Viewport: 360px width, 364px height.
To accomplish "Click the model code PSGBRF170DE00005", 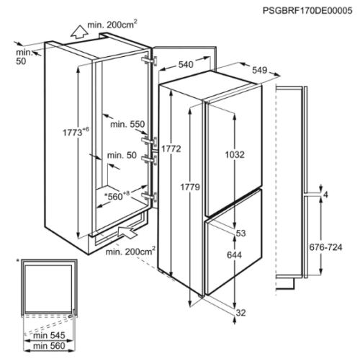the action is coord(307,11).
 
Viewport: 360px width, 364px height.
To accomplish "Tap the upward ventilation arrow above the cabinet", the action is coord(79,32).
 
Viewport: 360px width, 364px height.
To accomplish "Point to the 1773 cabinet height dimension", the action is coord(76,132).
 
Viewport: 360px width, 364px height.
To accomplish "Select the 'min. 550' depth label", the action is coord(127,124).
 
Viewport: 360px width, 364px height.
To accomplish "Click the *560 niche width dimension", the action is coord(117,196).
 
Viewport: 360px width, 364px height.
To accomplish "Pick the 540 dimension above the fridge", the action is coord(186,64).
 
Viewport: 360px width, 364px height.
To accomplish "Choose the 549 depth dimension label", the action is coord(259,70).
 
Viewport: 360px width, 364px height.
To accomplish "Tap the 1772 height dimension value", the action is coord(171,149).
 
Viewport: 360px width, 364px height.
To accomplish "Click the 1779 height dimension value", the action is coord(190,187).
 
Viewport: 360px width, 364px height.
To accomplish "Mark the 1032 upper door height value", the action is coord(235,154).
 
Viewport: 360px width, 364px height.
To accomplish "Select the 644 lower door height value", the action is coord(234,254).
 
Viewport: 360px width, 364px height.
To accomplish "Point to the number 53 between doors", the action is coord(240,233).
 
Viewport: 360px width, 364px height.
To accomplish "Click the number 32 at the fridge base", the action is coord(241,313).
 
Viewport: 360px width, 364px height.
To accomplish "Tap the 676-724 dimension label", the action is coord(325,247).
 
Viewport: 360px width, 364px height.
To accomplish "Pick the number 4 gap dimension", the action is coord(325,195).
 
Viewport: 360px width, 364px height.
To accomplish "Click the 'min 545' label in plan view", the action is coord(49,335).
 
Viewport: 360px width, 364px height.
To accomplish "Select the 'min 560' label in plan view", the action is coord(49,346).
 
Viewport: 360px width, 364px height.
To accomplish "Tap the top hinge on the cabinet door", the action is coord(149,61).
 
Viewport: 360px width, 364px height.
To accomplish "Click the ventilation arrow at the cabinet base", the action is coord(127,232).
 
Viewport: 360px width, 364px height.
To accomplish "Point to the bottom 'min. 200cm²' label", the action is coord(130,251).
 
